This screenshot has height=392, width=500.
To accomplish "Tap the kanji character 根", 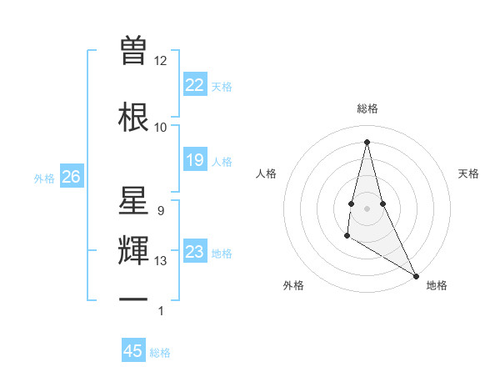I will tap(133, 115).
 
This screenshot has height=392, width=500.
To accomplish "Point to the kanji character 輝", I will tap(133, 250).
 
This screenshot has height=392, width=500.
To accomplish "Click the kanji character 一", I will tap(133, 299).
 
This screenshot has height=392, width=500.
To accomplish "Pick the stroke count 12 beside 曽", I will tap(160, 60).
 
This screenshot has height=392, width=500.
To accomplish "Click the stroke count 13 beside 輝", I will tap(161, 261).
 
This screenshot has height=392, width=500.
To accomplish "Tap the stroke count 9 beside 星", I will tap(160, 211).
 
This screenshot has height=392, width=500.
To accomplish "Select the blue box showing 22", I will tap(194, 85).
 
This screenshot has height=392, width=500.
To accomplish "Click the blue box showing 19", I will tap(194, 160).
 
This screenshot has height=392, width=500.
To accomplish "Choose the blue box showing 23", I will tap(194, 252).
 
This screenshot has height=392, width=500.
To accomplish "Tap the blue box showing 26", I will tap(71, 177).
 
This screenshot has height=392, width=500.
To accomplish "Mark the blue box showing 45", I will tap(133, 351).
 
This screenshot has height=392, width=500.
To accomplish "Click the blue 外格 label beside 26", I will tap(43, 178).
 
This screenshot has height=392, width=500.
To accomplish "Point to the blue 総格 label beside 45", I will tap(160, 353).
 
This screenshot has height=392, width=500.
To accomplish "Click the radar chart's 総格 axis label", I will tap(367, 108).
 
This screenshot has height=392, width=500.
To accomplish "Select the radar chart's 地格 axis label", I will tap(437, 285).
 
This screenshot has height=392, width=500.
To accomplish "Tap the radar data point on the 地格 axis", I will tap(417, 276).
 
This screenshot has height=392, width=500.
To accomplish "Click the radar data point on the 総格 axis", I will tap(367, 142).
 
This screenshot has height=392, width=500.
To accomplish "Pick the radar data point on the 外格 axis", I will tap(347, 236).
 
